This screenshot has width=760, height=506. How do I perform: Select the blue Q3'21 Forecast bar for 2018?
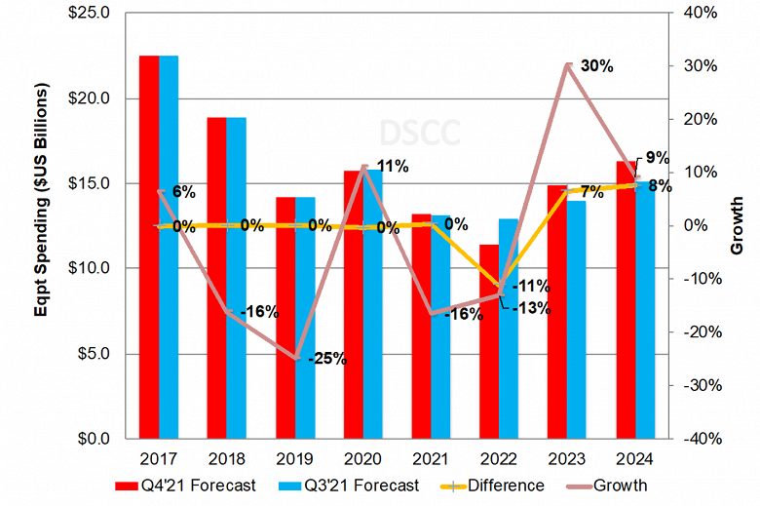pyautogui.click(x=236, y=278)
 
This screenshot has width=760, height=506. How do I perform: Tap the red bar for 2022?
pyautogui.click(x=489, y=341)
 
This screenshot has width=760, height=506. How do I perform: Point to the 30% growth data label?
pyautogui.click(x=596, y=66)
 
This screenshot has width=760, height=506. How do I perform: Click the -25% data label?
pyautogui.click(x=327, y=359)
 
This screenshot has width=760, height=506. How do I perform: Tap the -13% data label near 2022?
pyautogui.click(x=532, y=309)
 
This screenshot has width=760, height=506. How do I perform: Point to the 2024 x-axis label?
pyautogui.click(x=634, y=457)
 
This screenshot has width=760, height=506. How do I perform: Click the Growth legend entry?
pyautogui.click(x=610, y=485)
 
